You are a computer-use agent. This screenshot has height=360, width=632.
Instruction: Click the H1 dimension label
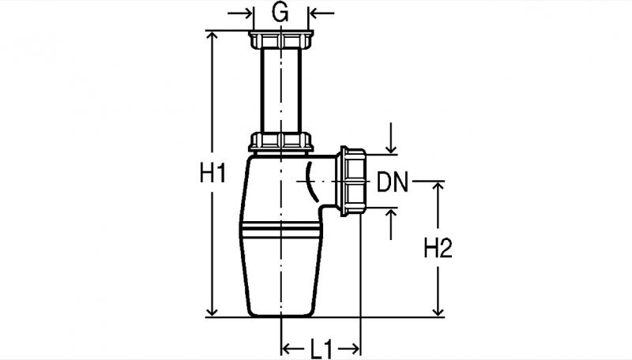pos(213,174)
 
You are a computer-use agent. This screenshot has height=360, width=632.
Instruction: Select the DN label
pos(392,182)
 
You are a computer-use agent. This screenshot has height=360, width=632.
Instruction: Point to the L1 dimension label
pos(322,349)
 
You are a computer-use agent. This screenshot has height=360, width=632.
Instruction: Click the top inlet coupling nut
pos(281,39)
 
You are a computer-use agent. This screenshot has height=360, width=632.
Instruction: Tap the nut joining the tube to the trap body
pos(281,142)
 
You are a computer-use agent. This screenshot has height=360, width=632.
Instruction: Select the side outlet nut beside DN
pos(353,182)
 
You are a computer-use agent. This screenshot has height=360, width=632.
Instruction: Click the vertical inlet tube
pos(281,91)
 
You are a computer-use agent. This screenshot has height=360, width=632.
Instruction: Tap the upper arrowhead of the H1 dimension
pos(212,36)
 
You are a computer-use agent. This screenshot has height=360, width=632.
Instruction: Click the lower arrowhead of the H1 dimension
pos(212,312)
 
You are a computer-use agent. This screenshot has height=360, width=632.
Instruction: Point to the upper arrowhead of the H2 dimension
pos(438,186)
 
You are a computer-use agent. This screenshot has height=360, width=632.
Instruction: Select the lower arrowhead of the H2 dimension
pos(438,312)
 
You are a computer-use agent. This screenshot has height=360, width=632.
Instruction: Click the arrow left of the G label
pos(240,13)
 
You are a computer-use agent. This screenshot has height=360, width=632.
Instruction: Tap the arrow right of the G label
pos(322,13)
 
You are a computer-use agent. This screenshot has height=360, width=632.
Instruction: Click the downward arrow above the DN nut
pos(390,138)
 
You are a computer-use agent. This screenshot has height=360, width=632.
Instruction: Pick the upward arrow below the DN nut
pos(390,223)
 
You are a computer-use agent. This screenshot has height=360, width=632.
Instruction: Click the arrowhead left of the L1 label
pos(286,348)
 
